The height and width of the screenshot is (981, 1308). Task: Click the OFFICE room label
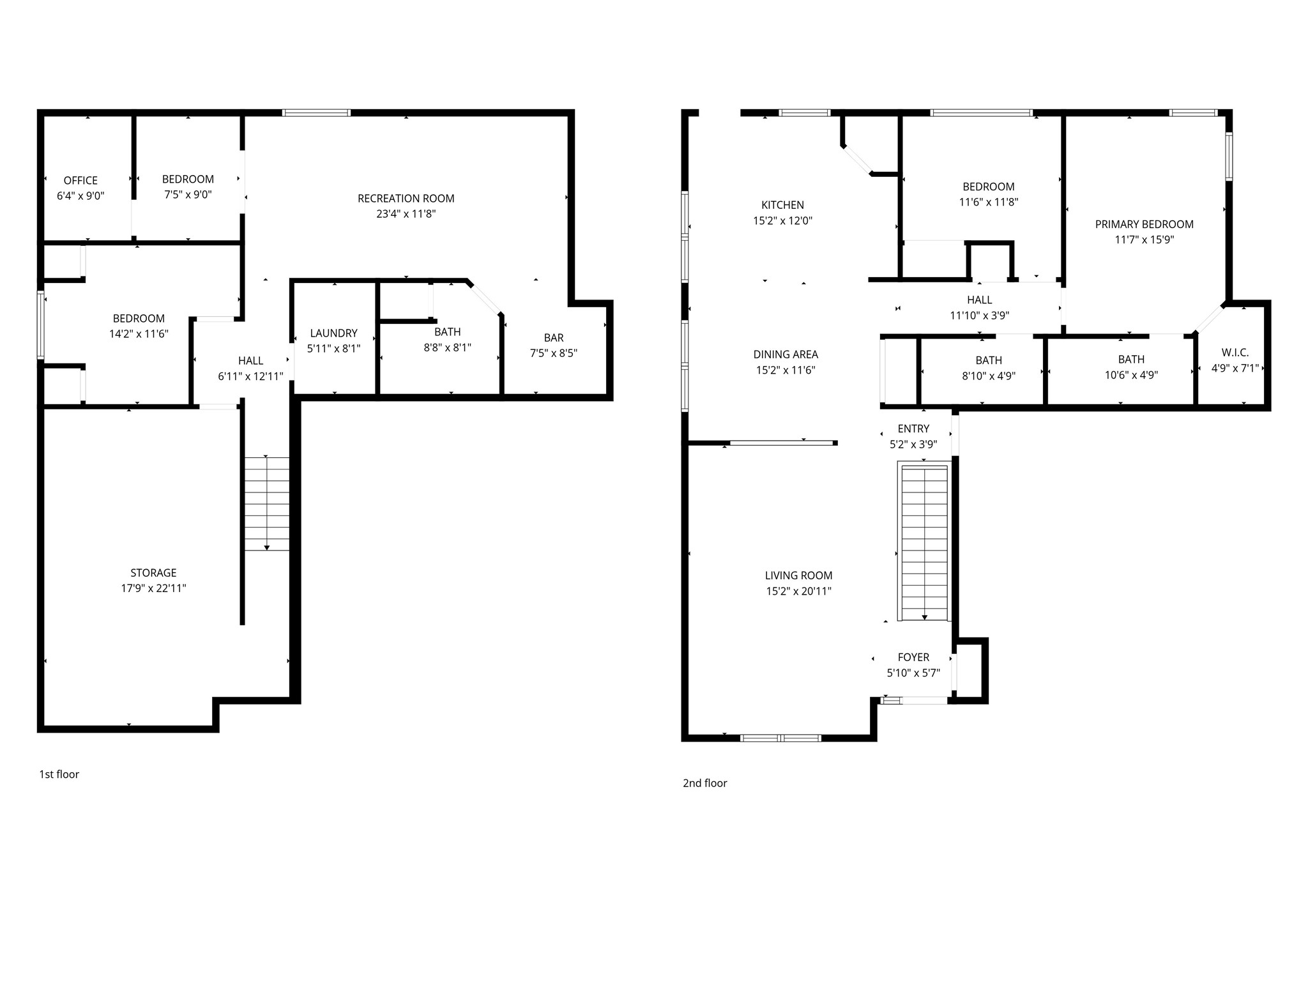point(80,181)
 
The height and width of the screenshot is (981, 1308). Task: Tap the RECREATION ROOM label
point(406,199)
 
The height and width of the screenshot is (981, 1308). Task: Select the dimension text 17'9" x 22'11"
point(153,588)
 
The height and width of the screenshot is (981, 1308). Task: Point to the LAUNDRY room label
point(333,333)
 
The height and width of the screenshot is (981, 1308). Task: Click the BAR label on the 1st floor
point(553,337)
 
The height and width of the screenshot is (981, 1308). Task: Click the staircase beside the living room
point(924,543)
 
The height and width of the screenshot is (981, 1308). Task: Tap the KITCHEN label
point(782,205)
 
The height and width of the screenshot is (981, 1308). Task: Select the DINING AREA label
point(785,354)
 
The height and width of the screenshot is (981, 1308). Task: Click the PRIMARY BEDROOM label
point(1144,224)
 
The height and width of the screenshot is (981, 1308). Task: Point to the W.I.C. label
point(1235,353)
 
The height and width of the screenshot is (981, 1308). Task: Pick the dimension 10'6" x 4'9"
point(1131,376)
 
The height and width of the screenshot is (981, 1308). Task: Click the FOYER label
point(913,657)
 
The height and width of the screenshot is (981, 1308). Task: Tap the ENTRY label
point(913,429)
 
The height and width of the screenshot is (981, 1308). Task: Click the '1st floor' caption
point(59,774)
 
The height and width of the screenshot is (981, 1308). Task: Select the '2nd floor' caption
point(704,783)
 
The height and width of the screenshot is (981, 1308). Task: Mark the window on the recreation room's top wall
point(317,113)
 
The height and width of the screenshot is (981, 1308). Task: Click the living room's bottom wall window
point(780,738)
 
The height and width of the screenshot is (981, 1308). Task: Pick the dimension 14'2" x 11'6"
point(139,333)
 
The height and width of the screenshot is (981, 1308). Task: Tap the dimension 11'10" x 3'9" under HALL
point(979,316)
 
